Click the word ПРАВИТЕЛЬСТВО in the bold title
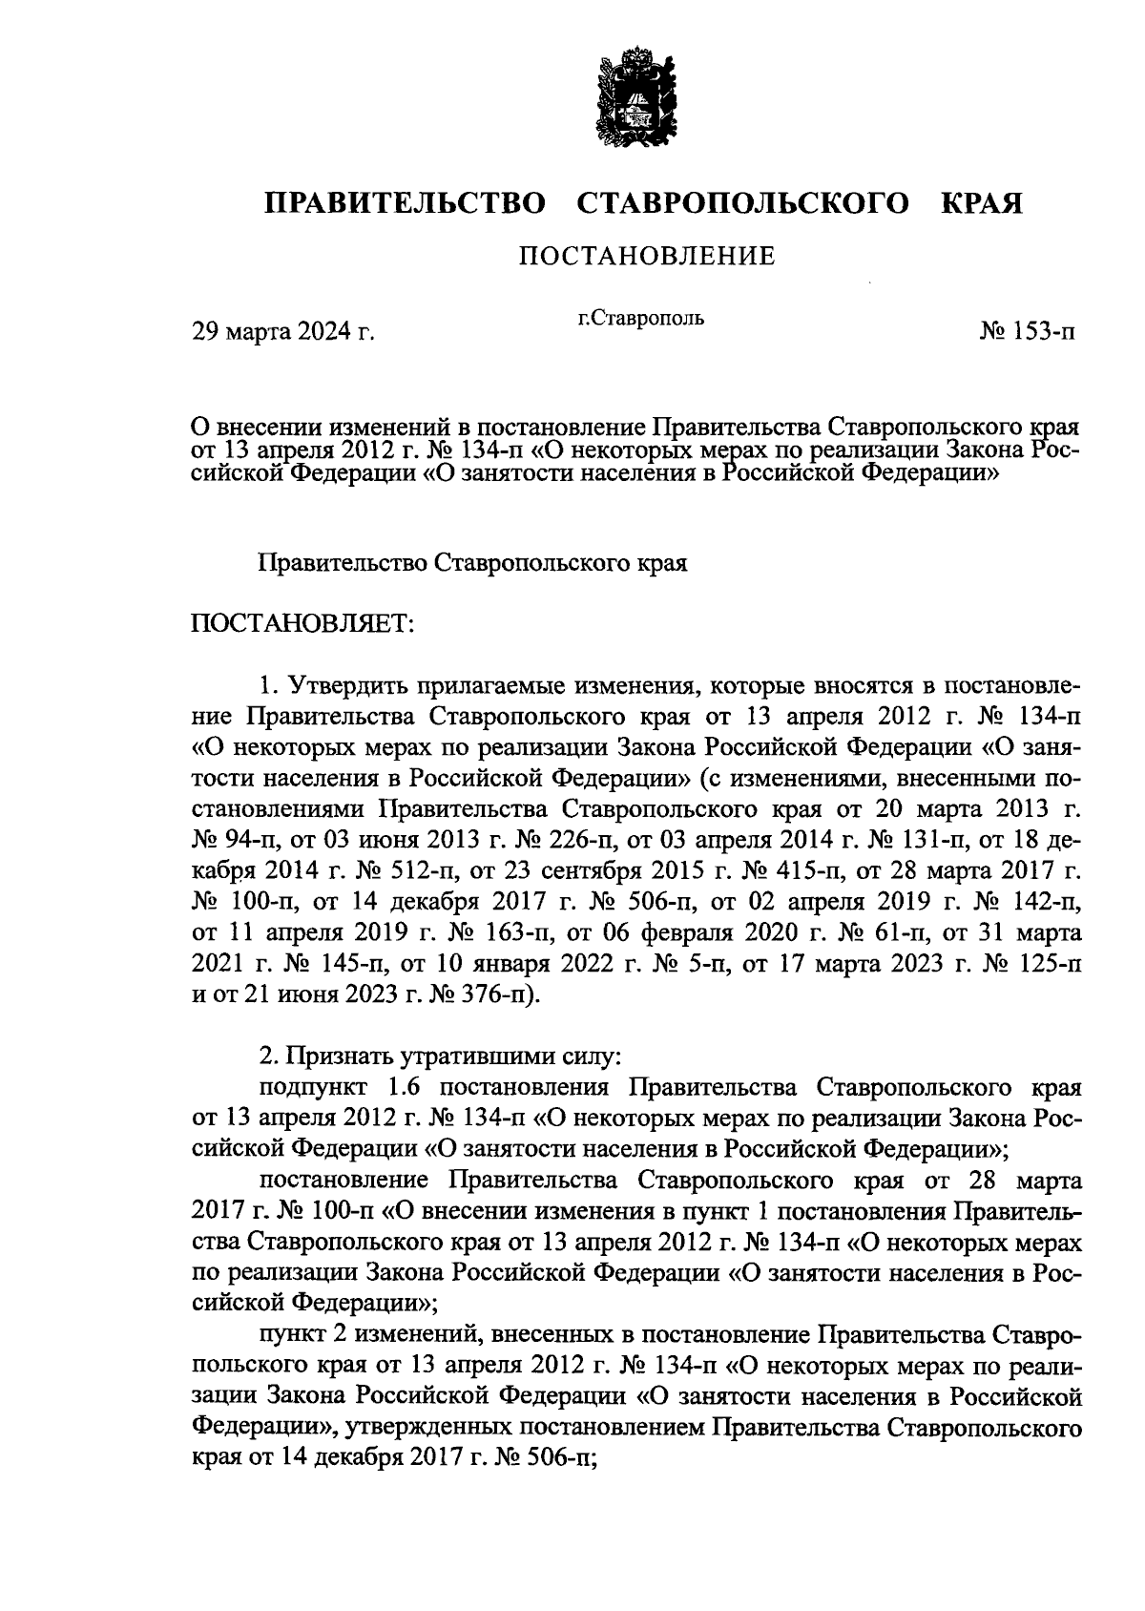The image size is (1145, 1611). tap(405, 203)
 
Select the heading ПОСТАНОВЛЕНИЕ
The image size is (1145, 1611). tap(646, 256)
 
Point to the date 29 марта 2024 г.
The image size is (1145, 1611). tap(283, 332)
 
